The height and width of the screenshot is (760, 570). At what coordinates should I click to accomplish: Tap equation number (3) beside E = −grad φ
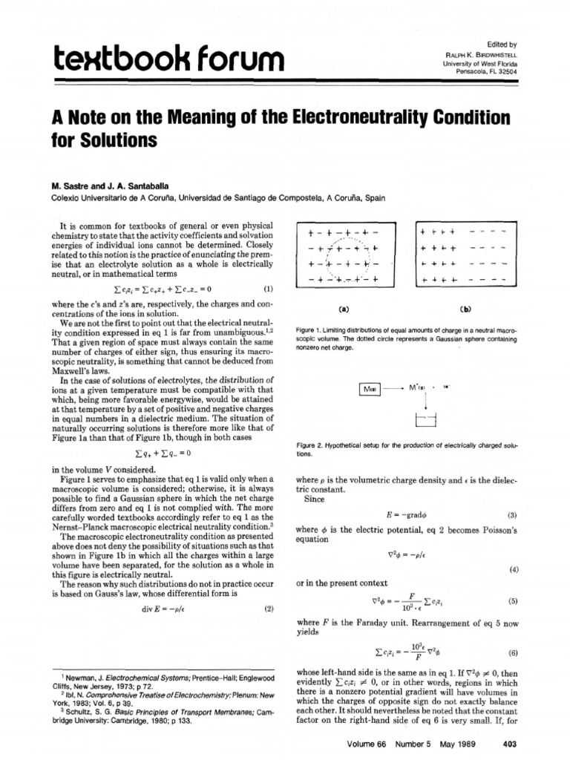[511, 514]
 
